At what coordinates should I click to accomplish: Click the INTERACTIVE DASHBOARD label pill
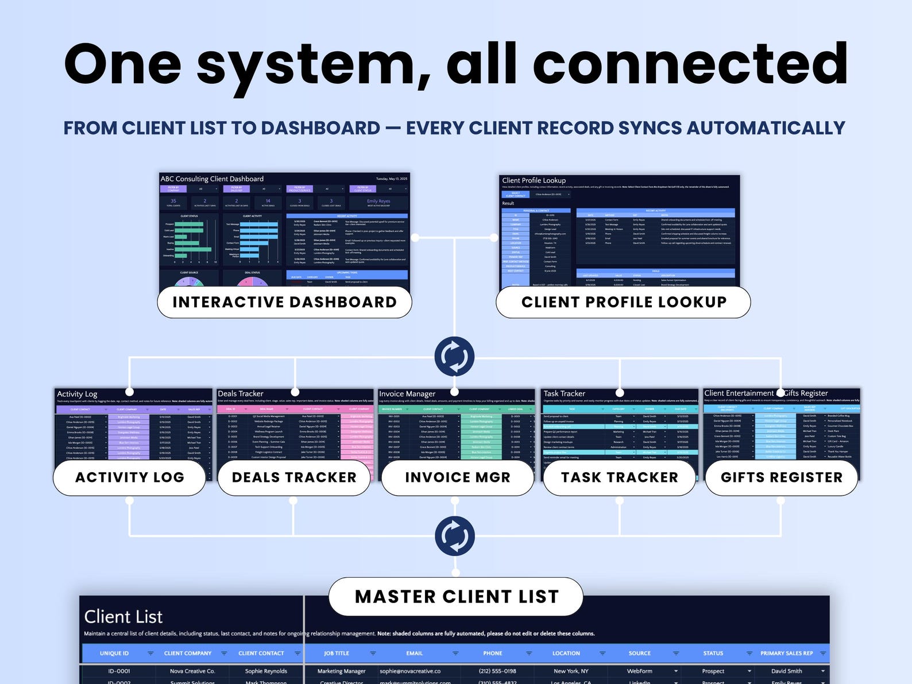pyautogui.click(x=284, y=302)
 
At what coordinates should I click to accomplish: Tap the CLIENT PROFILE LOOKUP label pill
pyautogui.click(x=624, y=302)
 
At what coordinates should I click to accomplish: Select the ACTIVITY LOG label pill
pyautogui.click(x=130, y=477)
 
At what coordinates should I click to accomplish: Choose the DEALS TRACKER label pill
pyautogui.click(x=294, y=477)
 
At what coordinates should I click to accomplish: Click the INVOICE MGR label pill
pyautogui.click(x=458, y=477)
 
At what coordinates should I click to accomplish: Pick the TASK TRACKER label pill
pyautogui.click(x=620, y=477)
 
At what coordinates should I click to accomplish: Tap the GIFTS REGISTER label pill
pyautogui.click(x=782, y=477)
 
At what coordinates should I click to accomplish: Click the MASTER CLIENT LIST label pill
pyautogui.click(x=457, y=597)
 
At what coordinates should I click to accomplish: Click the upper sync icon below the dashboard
pyautogui.click(x=455, y=357)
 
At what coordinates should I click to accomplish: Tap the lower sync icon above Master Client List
pyautogui.click(x=455, y=536)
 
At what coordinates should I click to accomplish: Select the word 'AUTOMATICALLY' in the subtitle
pyautogui.click(x=766, y=128)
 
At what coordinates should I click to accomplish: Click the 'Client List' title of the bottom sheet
pyautogui.click(x=123, y=617)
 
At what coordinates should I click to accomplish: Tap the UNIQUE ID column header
pyautogui.click(x=114, y=654)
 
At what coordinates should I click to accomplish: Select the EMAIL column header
pyautogui.click(x=414, y=654)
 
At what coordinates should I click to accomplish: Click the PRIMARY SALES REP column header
pyautogui.click(x=786, y=654)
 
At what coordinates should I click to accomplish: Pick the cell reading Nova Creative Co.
pyautogui.click(x=192, y=671)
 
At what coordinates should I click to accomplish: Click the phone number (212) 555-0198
pyautogui.click(x=497, y=671)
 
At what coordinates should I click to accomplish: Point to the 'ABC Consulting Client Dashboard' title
pyautogui.click(x=212, y=179)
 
